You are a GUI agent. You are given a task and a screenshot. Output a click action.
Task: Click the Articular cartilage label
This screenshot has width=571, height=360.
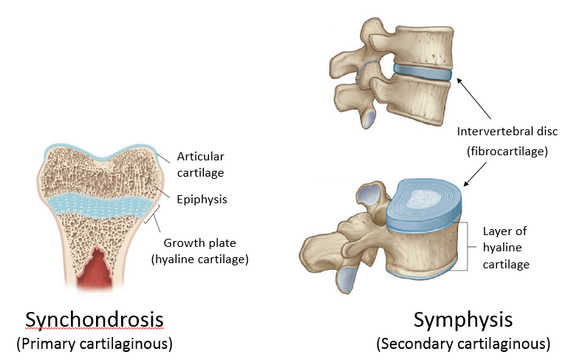click(200, 164)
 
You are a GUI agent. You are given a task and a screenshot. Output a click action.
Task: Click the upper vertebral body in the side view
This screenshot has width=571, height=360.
click(421, 41)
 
